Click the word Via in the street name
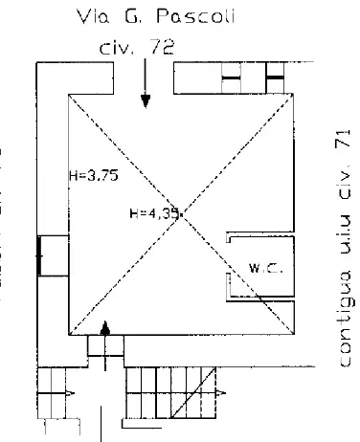112,17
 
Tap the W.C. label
260,270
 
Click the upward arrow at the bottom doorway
105,340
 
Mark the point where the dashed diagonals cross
182,213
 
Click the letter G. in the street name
146,17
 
